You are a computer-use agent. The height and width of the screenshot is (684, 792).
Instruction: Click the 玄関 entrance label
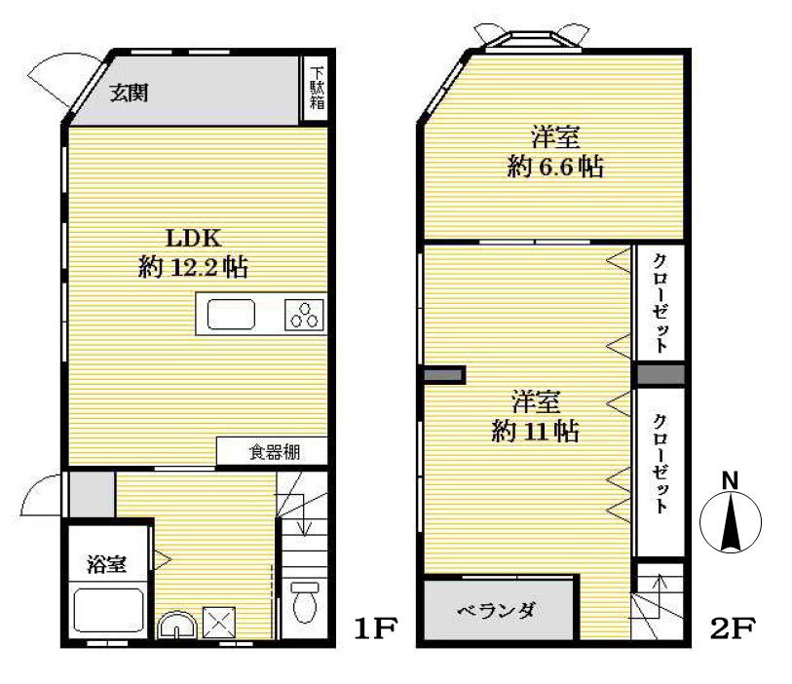click(128, 94)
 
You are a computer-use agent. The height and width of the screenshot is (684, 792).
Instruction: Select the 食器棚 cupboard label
click(273, 452)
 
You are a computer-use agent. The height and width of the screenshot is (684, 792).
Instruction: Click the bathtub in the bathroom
click(110, 611)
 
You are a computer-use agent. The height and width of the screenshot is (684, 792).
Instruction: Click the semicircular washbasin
click(176, 625)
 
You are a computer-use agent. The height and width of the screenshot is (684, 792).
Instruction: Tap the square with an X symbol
click(216, 622)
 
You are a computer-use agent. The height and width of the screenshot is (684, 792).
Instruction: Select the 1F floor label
click(375, 628)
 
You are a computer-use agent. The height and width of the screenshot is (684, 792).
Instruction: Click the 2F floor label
click(733, 628)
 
